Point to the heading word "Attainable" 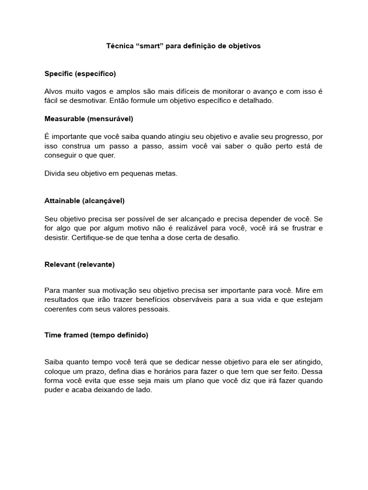[62, 200]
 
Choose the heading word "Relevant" [59, 264]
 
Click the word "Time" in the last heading [53, 335]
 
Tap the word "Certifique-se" [92, 237]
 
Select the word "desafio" [227, 237]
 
